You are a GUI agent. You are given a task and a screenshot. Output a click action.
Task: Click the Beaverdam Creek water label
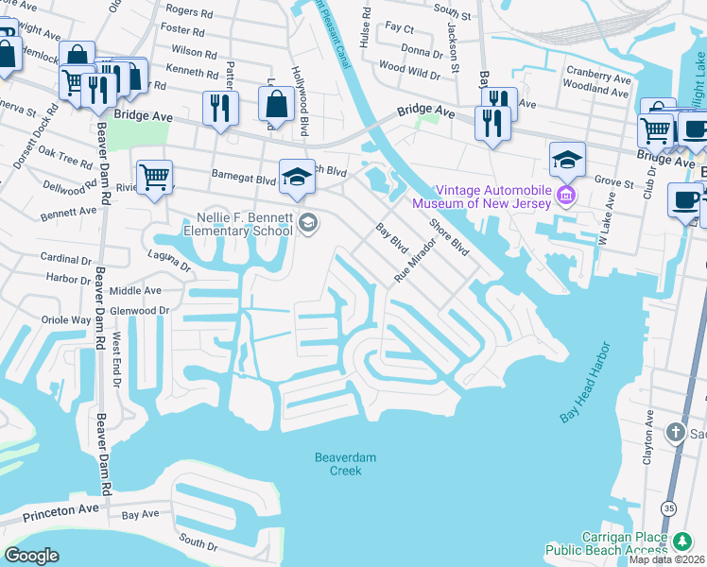[x=345, y=464]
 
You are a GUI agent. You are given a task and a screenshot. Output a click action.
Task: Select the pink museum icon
[x=566, y=196]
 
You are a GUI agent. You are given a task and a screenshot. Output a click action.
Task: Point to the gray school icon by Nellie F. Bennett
[x=307, y=222]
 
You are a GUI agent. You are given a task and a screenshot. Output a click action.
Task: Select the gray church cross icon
[x=675, y=432]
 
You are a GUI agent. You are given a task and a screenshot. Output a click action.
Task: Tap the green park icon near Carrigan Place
[x=682, y=541]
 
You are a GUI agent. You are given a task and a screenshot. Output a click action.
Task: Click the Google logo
[x=32, y=556]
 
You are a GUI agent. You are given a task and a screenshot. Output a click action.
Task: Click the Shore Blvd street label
[x=449, y=238]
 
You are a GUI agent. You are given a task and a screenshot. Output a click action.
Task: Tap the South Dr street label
[x=198, y=544]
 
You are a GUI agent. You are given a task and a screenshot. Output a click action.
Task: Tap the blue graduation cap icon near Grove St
[x=567, y=159]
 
